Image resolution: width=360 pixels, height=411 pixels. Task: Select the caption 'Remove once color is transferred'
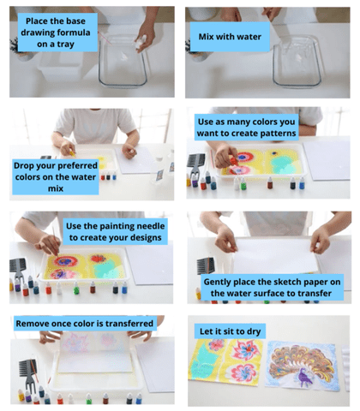coord(84,324)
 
